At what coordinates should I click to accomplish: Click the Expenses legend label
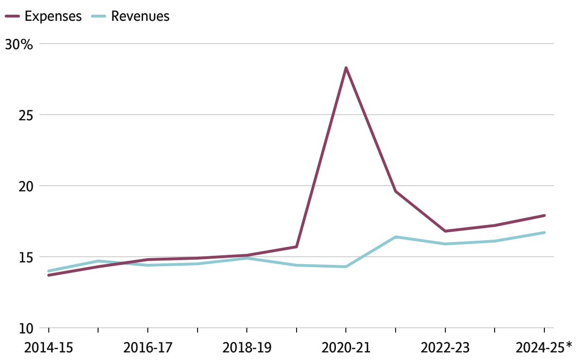tap(53, 16)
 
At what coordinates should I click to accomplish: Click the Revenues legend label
tap(140, 16)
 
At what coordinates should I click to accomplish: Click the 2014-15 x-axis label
tap(48, 348)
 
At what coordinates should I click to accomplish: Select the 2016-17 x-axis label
tap(148, 348)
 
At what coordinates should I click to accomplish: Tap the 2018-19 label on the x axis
tap(247, 348)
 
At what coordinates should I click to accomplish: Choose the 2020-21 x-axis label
tap(346, 348)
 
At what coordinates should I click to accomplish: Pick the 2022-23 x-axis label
tap(445, 348)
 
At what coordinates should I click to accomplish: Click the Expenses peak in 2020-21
tap(346, 68)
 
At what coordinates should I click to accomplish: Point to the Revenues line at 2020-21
tap(346, 267)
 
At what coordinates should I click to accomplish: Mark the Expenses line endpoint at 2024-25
tap(544, 216)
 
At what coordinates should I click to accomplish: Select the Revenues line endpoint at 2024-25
tap(544, 233)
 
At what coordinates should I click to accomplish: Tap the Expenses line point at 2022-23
tap(445, 231)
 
